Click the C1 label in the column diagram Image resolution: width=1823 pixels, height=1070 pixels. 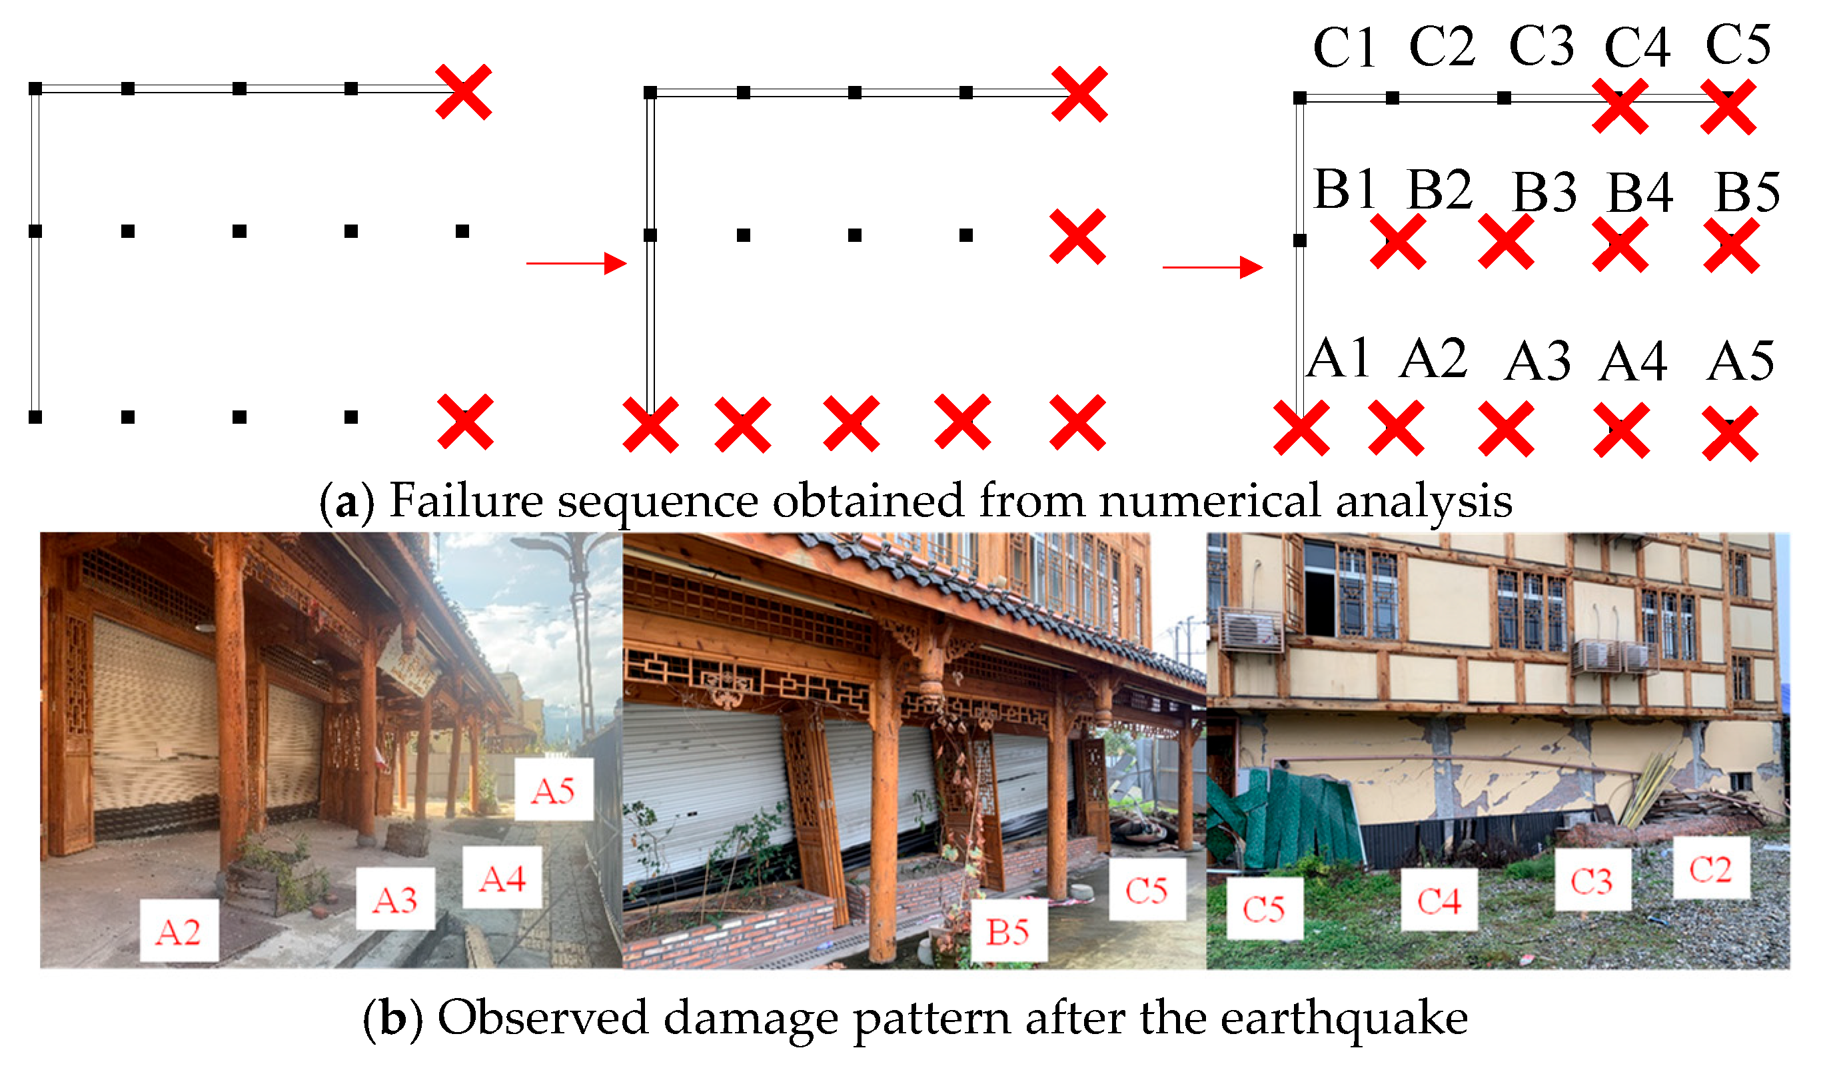pos(1343,49)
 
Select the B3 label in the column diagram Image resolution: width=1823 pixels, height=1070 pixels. pos(1544,193)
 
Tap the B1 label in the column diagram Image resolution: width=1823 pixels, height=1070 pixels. pos(1343,189)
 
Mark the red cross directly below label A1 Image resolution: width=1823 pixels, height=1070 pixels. pos(1300,428)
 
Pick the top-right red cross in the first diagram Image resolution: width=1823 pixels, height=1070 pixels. pos(463,92)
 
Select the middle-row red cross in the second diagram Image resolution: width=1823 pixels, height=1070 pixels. pos(1077,237)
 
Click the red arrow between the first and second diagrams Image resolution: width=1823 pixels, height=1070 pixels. pos(576,263)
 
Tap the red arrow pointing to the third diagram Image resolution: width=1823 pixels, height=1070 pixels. pos(1212,267)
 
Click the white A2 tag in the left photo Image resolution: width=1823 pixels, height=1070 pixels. pos(179,932)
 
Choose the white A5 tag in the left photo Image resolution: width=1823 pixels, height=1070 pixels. pos(554,791)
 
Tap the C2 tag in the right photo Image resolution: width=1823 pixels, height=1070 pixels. pos(1710,869)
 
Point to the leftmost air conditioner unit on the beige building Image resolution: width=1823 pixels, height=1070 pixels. pos(1251,630)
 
